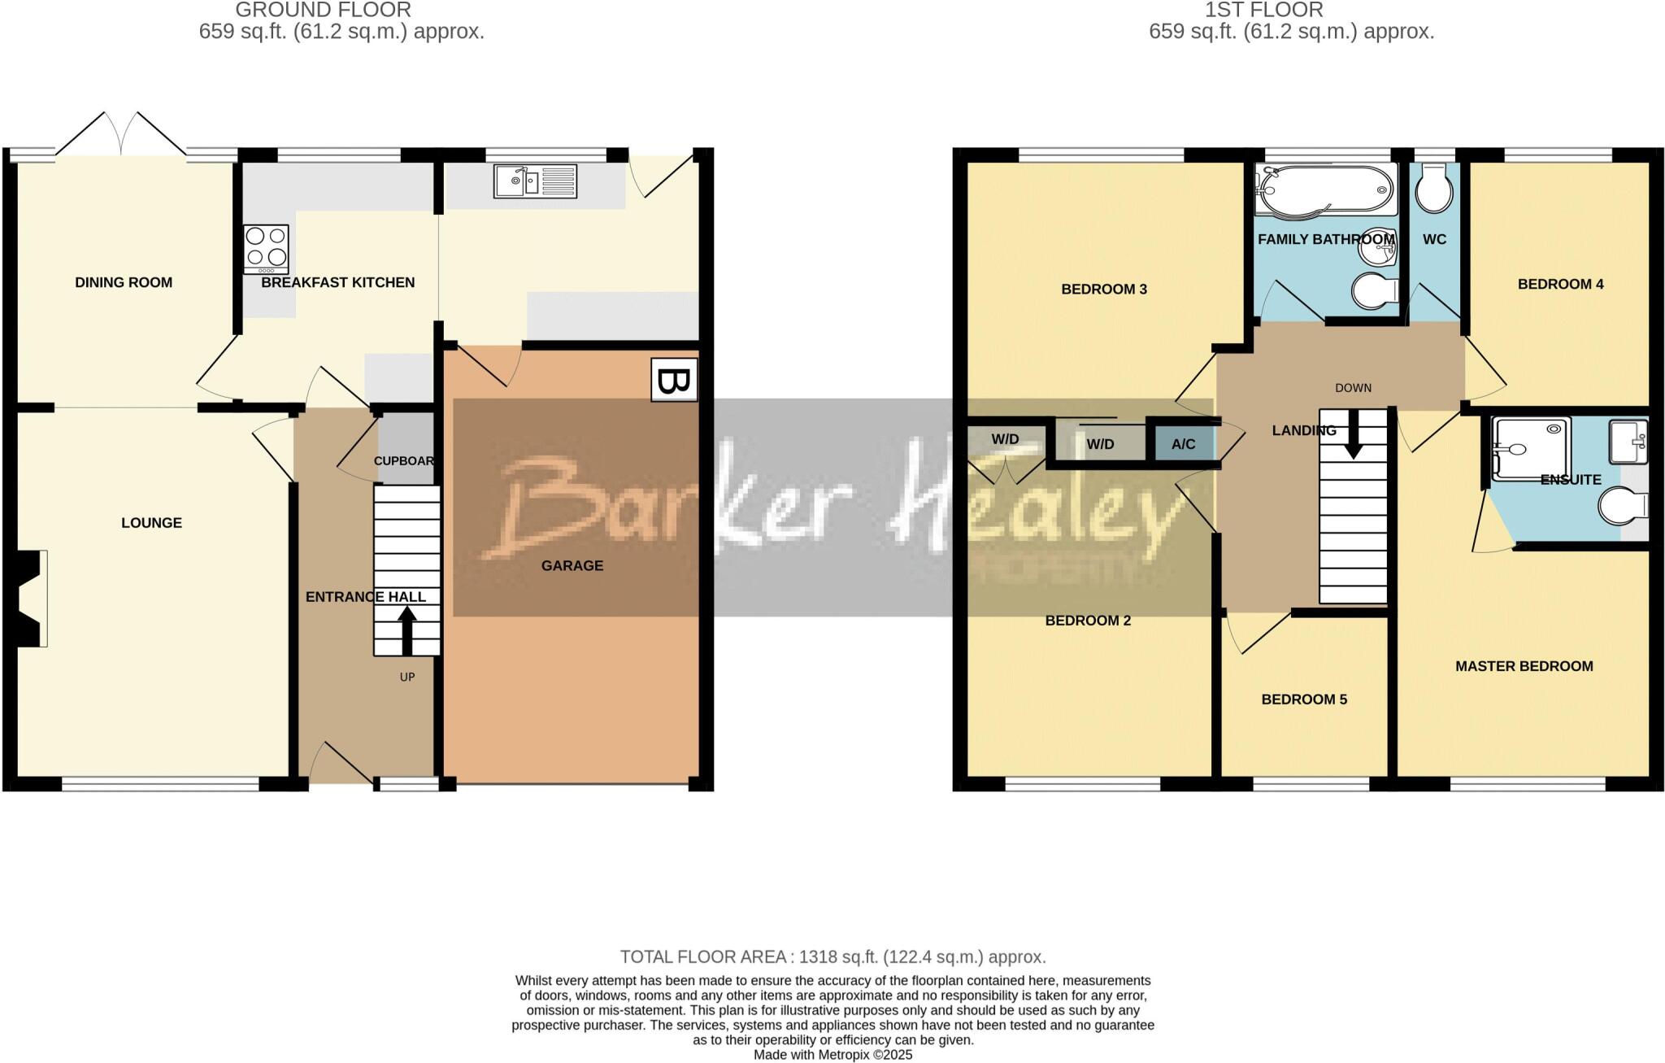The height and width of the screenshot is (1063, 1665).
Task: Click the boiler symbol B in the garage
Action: coord(674,381)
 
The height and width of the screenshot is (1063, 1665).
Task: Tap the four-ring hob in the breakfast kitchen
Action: coord(267,248)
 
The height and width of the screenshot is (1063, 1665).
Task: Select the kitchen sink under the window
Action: coord(536,181)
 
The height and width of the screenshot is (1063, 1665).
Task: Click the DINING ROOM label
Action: coord(124,283)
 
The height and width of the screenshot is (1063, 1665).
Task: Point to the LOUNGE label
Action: coord(151,523)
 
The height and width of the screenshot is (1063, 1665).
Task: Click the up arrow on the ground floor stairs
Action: coord(406,631)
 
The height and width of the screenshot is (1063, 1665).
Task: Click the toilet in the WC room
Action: coord(1434,190)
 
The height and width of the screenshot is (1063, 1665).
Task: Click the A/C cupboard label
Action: coord(1183,444)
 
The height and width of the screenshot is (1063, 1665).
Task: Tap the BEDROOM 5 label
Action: coord(1304,699)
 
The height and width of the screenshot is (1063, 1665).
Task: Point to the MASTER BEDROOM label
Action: coord(1524,666)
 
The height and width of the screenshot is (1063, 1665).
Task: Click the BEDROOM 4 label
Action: coord(1560,284)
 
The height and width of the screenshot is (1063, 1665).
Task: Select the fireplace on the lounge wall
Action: coord(30,599)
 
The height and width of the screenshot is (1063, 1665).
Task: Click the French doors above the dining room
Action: coord(121,135)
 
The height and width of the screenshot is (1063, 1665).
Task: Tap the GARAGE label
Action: coord(572,566)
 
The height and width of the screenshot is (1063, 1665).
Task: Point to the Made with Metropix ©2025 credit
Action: coord(832,1055)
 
